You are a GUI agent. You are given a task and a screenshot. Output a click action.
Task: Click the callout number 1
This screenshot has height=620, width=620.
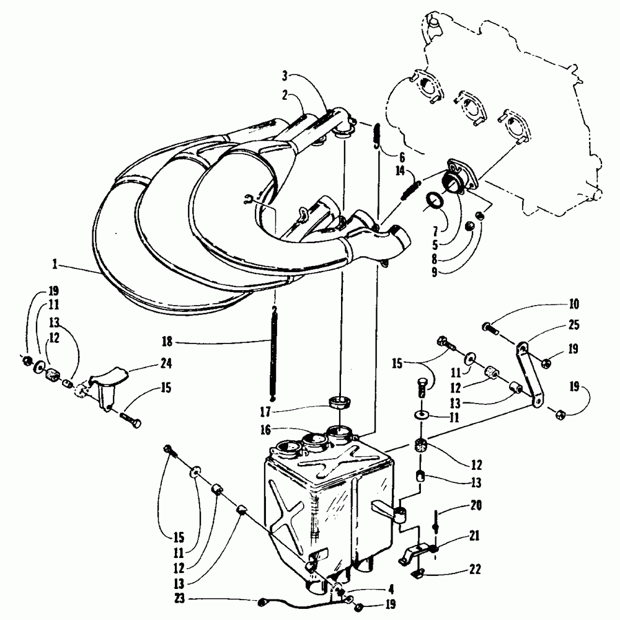click(55, 264)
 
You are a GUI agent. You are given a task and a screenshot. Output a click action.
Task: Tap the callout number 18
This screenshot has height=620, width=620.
click(167, 341)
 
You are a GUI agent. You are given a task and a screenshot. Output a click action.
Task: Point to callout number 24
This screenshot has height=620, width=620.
click(166, 363)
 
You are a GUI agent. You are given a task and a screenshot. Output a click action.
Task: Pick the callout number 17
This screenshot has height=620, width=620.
click(265, 412)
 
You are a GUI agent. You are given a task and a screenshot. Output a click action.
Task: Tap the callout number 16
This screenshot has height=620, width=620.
click(265, 430)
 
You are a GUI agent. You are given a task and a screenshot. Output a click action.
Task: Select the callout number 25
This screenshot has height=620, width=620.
click(573, 325)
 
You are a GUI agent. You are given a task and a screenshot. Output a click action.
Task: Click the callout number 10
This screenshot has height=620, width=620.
click(573, 304)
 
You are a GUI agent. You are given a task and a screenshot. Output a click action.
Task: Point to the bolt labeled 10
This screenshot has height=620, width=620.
click(490, 328)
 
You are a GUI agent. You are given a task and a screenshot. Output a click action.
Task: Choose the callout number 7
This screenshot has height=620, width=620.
click(436, 231)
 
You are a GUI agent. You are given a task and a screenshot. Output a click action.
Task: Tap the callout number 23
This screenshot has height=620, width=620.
click(180, 598)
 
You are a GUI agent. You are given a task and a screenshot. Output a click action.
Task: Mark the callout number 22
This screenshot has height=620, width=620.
click(475, 569)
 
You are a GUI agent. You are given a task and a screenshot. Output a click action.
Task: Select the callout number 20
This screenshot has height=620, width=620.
click(476, 505)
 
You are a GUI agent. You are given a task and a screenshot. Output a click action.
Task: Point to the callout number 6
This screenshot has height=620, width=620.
click(402, 157)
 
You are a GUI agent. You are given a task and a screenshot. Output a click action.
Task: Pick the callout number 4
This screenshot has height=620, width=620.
click(391, 590)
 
